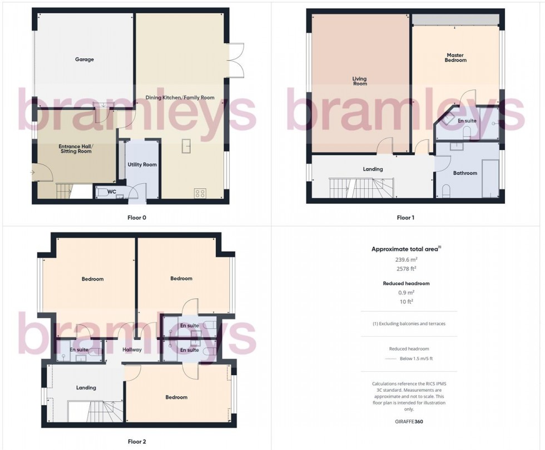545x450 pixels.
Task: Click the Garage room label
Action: pos(85,59)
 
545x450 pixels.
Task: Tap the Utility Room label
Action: pos(142,164)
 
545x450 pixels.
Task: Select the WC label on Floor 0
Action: pos(111,192)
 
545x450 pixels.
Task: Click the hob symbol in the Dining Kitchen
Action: pos(200,193)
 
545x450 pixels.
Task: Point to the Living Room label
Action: pos(360,81)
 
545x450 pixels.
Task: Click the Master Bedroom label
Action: pos(455,57)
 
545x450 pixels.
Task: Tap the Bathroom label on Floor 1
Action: pos(465,173)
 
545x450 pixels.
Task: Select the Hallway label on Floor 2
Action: pos(132,350)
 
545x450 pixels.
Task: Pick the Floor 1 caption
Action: pos(405,218)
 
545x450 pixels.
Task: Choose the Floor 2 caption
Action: pos(136,442)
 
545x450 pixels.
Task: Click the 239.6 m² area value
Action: pos(406,259)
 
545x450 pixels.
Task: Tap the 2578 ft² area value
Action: pos(406,269)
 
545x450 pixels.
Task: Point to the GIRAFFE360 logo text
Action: pos(406,422)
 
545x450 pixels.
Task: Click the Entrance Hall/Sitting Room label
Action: pos(77,150)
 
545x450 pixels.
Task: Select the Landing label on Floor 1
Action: pos(373,169)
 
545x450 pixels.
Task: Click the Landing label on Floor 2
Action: pos(86,388)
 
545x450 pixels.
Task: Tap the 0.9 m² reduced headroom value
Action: pos(406,292)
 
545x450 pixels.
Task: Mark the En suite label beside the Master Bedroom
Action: pos(467,121)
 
